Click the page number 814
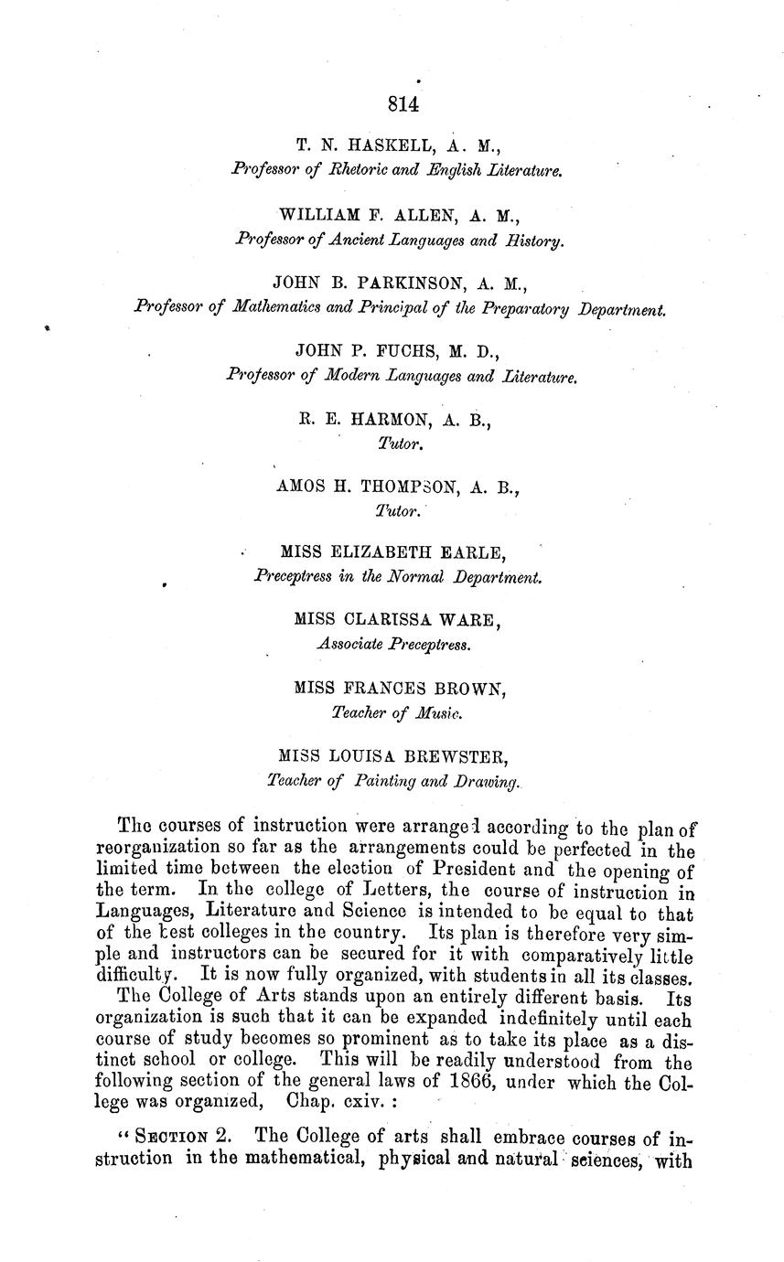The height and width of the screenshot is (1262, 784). click(403, 104)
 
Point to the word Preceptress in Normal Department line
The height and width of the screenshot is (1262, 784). click(291, 577)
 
